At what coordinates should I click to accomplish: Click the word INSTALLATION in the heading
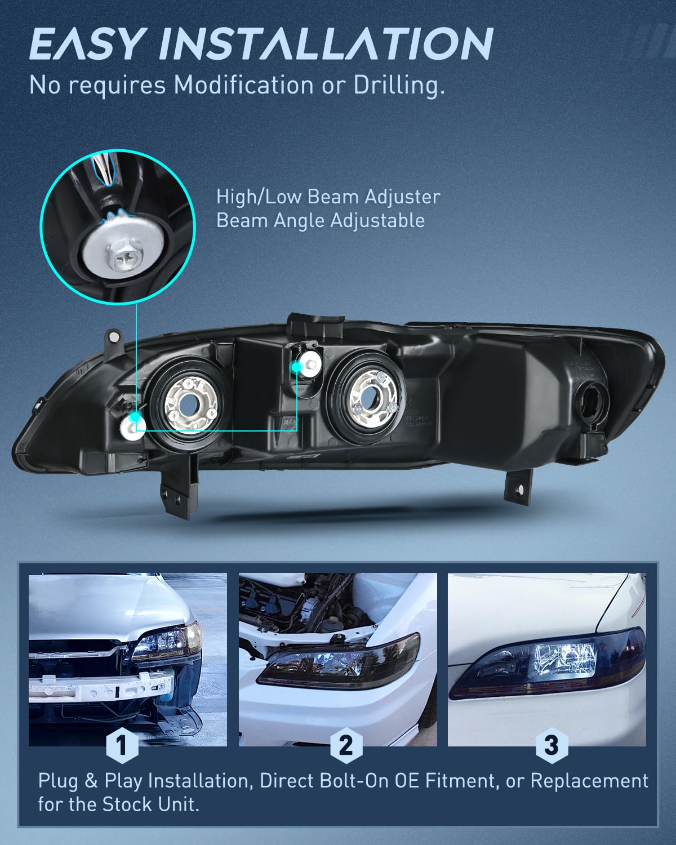(x=326, y=44)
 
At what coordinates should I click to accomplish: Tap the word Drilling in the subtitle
(x=399, y=85)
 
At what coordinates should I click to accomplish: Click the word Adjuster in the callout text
(x=402, y=197)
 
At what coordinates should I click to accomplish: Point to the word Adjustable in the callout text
(x=377, y=221)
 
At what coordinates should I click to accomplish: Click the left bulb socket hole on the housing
(x=189, y=405)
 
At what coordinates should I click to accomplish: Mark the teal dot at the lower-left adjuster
(x=135, y=417)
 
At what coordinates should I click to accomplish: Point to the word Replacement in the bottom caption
(x=589, y=781)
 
